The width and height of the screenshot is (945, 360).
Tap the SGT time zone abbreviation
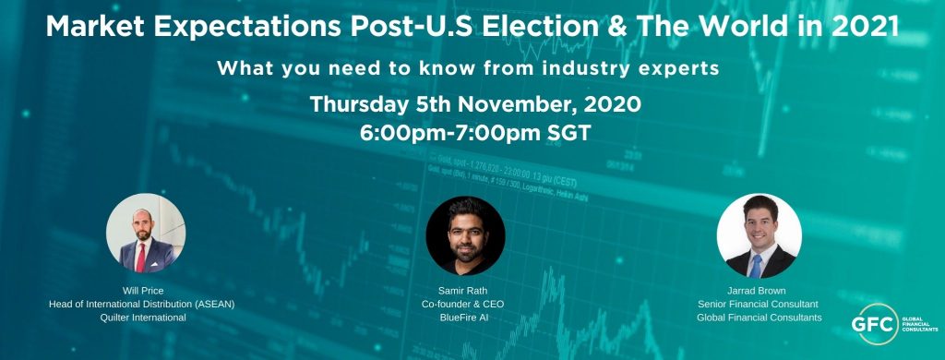click(564, 132)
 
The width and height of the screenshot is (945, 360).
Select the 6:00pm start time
click(406, 132)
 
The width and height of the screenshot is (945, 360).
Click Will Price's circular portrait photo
click(146, 234)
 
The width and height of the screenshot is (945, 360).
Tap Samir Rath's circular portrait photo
click(465, 234)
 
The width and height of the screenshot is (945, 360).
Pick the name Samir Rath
click(465, 290)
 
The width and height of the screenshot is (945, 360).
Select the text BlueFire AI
click(465, 318)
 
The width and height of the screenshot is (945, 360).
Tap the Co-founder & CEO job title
click(465, 304)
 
